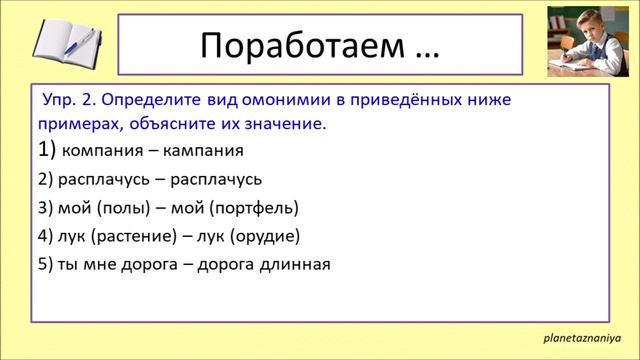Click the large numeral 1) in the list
click(x=46, y=150)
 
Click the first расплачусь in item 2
click(x=103, y=180)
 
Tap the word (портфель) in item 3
click(x=257, y=208)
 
